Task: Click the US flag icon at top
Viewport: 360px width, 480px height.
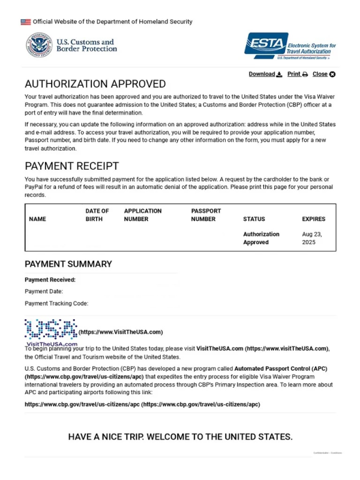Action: pos(25,22)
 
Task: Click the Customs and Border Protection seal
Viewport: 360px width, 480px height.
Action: pos(38,46)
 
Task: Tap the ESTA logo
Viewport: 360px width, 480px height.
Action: pos(290,46)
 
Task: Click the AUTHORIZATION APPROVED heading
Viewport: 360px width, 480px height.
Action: pos(95,84)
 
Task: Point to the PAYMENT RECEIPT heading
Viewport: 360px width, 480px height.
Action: pos(71,166)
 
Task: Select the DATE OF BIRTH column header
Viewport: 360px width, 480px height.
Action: pos(97,215)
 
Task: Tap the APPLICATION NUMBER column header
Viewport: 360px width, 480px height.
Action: pos(143,215)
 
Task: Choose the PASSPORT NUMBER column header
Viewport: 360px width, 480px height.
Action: pos(206,215)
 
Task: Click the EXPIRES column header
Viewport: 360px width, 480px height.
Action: pos(314,219)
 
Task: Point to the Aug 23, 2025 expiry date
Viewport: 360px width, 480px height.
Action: pos(312,238)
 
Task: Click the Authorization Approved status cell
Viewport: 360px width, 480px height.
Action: pos(261,238)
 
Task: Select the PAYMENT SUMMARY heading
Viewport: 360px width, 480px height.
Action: pos(68,264)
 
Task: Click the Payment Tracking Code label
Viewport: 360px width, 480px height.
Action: pos(56,303)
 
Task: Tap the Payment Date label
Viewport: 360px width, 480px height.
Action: pos(44,291)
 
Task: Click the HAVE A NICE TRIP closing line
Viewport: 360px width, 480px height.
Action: pos(180,436)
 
